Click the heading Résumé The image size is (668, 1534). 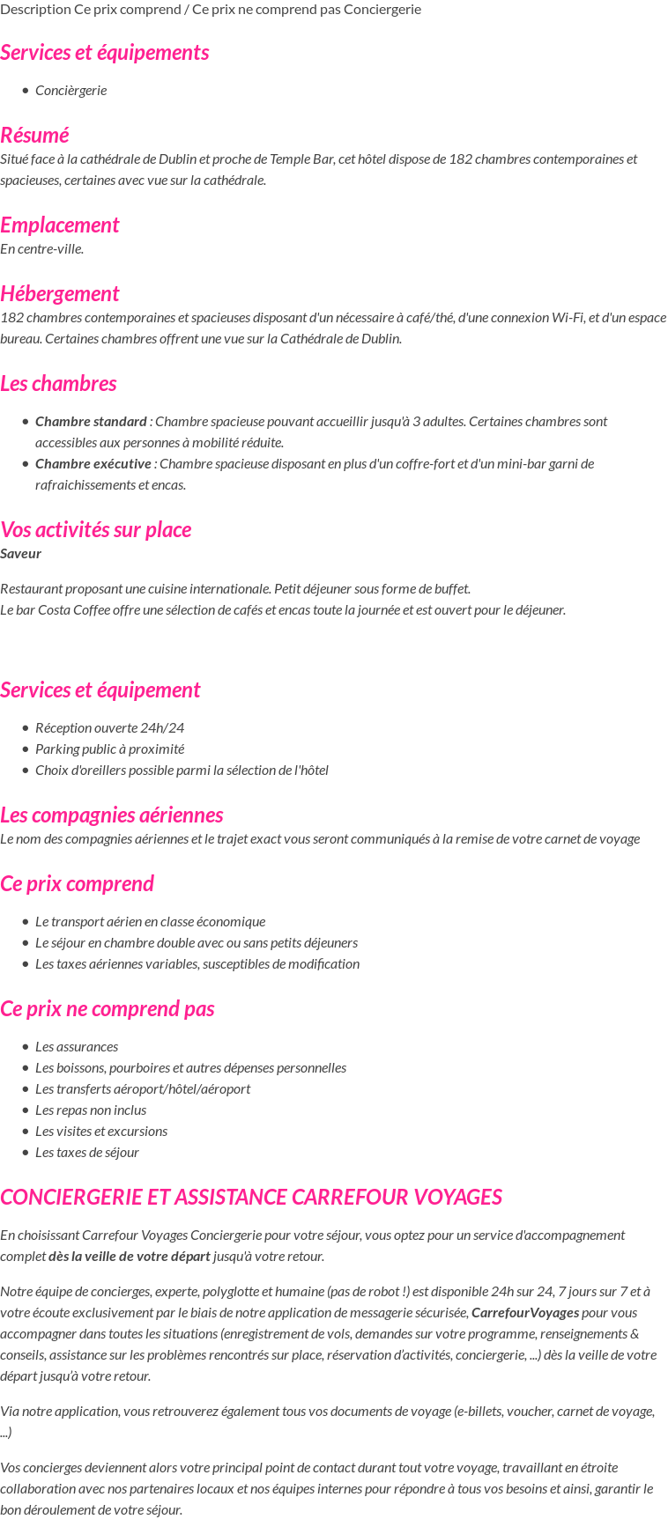(34, 135)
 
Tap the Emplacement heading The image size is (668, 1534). (59, 225)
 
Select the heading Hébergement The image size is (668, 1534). (59, 293)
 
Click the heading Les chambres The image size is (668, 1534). (58, 383)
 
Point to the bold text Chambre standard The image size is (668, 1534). (91, 421)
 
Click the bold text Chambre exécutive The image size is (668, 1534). (93, 463)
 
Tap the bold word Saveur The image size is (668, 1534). (20, 553)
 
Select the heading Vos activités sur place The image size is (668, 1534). (95, 529)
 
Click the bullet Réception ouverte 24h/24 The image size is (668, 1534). (109, 727)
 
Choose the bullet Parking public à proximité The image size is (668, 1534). (109, 749)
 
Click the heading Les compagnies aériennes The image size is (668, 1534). (111, 815)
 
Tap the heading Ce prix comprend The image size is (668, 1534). (77, 883)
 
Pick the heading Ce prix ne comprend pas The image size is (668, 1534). (107, 1008)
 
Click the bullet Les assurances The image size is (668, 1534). (77, 1046)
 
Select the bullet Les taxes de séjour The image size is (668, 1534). (87, 1152)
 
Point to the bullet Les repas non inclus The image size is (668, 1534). (91, 1110)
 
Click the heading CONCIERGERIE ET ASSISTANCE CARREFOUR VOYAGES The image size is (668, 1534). (251, 1197)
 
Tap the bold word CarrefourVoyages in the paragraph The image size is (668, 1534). (525, 1312)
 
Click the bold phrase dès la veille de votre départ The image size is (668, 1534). (130, 1256)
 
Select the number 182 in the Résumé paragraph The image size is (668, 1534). (460, 159)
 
